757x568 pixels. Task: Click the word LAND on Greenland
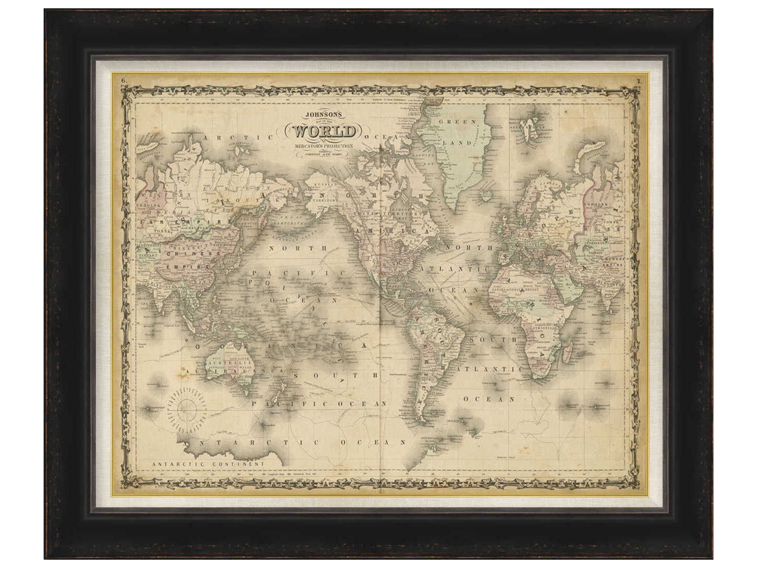pos(460,143)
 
